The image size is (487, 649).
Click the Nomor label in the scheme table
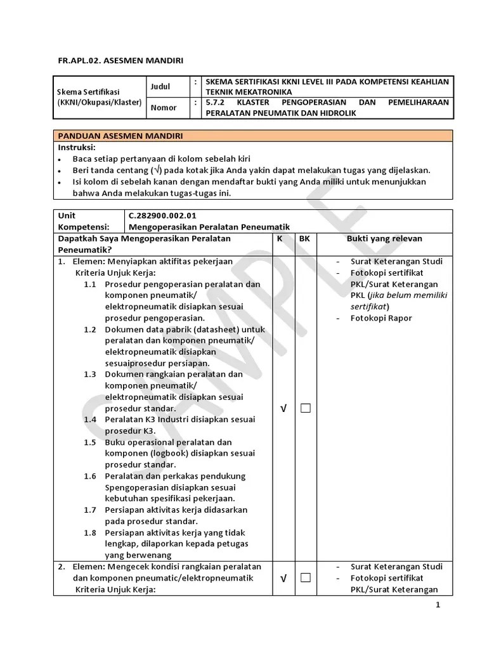[x=164, y=108]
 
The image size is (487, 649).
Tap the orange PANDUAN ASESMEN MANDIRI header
[x=121, y=136]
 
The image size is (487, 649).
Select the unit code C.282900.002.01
[x=162, y=215]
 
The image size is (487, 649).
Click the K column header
[x=280, y=238]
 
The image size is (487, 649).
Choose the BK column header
[x=304, y=238]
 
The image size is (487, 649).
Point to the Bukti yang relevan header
[x=384, y=238]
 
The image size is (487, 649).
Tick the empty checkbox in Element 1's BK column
[x=306, y=408]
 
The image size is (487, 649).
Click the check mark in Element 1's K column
[x=283, y=409]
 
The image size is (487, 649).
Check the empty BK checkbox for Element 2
[x=306, y=577]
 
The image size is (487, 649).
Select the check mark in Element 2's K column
[x=283, y=578]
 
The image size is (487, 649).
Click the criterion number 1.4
[x=90, y=420]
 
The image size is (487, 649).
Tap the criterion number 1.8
[x=90, y=532]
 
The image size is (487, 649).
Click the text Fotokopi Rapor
[x=381, y=318]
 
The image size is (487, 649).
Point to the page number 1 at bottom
[x=438, y=605]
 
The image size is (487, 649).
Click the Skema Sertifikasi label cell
[x=98, y=97]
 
